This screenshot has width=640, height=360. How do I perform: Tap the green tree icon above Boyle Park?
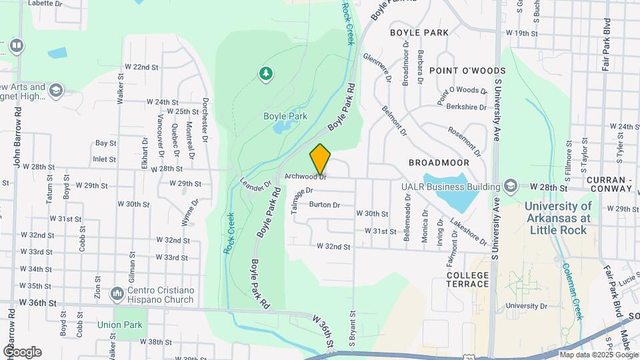(266, 73)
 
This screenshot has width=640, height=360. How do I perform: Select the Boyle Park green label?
(285, 116)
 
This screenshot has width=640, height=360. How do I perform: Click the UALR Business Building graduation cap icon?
(511, 185)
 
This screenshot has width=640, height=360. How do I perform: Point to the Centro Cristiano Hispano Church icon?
(117, 293)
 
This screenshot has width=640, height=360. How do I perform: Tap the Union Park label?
(120, 325)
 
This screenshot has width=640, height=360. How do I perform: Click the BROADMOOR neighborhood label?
(439, 163)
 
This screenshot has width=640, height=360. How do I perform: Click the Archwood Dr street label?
(305, 177)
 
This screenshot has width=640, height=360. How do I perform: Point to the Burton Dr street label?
(325, 205)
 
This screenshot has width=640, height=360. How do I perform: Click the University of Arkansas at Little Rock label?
(557, 218)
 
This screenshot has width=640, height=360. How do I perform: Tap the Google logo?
(21, 351)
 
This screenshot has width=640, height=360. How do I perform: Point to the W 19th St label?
(521, 33)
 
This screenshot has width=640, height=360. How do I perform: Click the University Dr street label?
(526, 306)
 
